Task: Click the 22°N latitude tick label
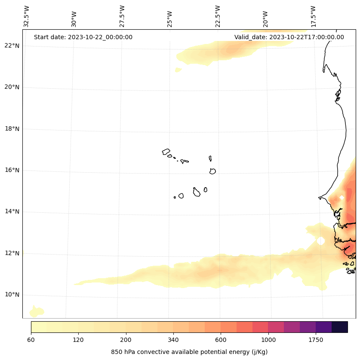(12, 46)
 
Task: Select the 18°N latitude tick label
(12, 129)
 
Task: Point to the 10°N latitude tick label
(12, 295)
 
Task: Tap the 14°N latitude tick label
(12, 212)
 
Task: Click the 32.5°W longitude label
(27, 16)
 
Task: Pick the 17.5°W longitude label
(313, 16)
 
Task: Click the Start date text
(83, 37)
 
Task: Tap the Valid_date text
(289, 37)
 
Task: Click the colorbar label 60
(31, 340)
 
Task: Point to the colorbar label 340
(173, 340)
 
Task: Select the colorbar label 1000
(268, 340)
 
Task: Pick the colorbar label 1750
(316, 340)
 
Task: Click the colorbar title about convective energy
(189, 352)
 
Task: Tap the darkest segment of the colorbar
(340, 327)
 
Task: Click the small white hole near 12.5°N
(321, 241)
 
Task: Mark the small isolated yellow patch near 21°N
(178, 70)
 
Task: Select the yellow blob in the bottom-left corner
(36, 311)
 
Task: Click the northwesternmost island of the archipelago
(166, 152)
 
